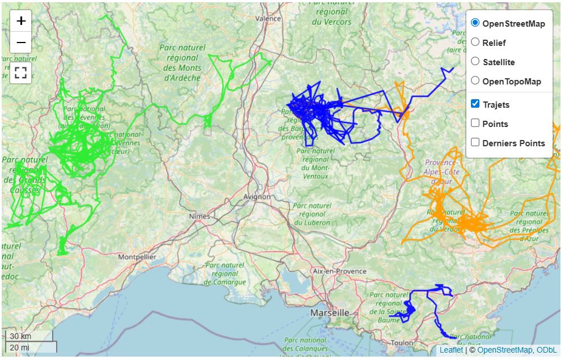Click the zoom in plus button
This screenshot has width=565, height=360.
coord(21,22)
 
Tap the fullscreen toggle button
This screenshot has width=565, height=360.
coord(21,73)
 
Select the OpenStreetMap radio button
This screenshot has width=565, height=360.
coord(475,23)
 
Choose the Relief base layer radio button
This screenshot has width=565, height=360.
coord(475,43)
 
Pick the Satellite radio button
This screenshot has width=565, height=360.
coord(475,62)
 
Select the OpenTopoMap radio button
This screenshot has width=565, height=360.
coord(475,81)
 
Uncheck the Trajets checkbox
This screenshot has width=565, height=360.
coord(475,104)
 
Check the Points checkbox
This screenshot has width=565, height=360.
coord(475,124)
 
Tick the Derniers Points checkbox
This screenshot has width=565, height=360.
coord(475,143)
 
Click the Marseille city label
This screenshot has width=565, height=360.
coord(329,313)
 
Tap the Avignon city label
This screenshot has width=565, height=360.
coord(257,197)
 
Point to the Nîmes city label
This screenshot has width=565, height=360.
coord(199,217)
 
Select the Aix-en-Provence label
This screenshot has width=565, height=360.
coord(339,272)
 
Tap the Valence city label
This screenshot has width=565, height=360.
coord(268,18)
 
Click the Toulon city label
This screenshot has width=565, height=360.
coord(402,343)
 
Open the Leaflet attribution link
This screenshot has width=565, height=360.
coord(451,350)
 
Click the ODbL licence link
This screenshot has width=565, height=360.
coord(546,350)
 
